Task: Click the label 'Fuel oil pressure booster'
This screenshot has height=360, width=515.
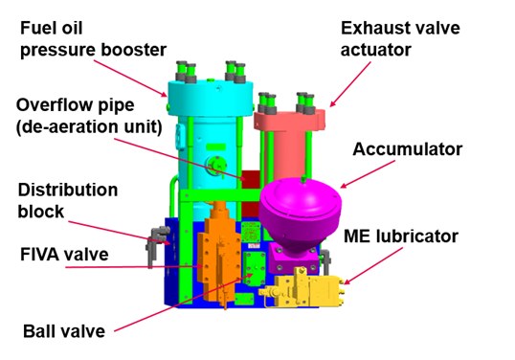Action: coord(93,38)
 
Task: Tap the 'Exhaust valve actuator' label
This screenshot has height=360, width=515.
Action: coord(400,38)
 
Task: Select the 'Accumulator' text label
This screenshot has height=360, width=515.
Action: coord(407,149)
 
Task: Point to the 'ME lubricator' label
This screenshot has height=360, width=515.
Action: coord(401,236)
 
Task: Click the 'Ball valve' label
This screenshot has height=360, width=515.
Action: coord(64,331)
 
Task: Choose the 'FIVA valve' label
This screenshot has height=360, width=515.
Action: coord(64,255)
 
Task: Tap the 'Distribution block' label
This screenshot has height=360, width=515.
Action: coord(68,200)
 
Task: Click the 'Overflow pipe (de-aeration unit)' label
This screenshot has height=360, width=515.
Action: coord(89,116)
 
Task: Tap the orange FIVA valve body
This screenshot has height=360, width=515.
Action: coord(218,257)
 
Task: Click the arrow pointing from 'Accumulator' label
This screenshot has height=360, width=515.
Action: coord(368,174)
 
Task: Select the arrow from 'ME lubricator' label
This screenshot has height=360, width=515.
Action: coord(373,266)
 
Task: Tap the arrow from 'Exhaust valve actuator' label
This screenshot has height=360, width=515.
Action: coord(350,84)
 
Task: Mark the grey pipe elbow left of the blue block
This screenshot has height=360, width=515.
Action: coord(156,243)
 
